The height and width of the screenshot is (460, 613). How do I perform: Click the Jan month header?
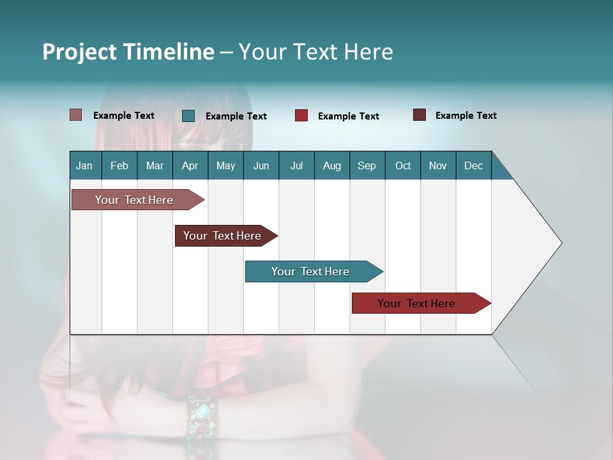pyautogui.click(x=84, y=165)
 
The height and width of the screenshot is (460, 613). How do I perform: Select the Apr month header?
pyautogui.click(x=190, y=165)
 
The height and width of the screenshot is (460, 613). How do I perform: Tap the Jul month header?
pyautogui.click(x=296, y=165)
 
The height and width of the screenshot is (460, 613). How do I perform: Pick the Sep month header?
pyautogui.click(x=367, y=165)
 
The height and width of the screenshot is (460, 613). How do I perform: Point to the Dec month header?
pyautogui.click(x=473, y=165)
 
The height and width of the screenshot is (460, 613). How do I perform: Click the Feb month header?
pyautogui.click(x=119, y=165)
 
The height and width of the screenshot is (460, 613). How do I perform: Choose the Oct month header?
pyautogui.click(x=403, y=165)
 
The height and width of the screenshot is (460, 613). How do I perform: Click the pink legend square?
pyautogui.click(x=76, y=115)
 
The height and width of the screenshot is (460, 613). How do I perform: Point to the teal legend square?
pyautogui.click(x=188, y=116)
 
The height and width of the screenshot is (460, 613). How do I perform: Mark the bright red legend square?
pyautogui.click(x=301, y=116)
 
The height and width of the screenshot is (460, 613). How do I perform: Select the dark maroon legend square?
pyautogui.click(x=420, y=115)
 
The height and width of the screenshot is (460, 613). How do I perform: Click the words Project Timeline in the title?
pyautogui.click(x=128, y=52)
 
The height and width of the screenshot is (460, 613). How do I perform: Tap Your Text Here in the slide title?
pyautogui.click(x=315, y=52)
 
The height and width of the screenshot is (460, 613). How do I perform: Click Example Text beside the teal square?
pyautogui.click(x=236, y=116)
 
